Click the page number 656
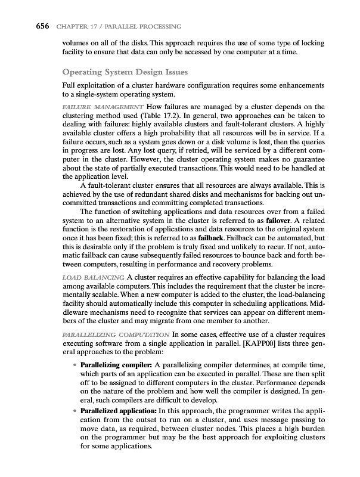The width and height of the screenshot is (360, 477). click(24, 26)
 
